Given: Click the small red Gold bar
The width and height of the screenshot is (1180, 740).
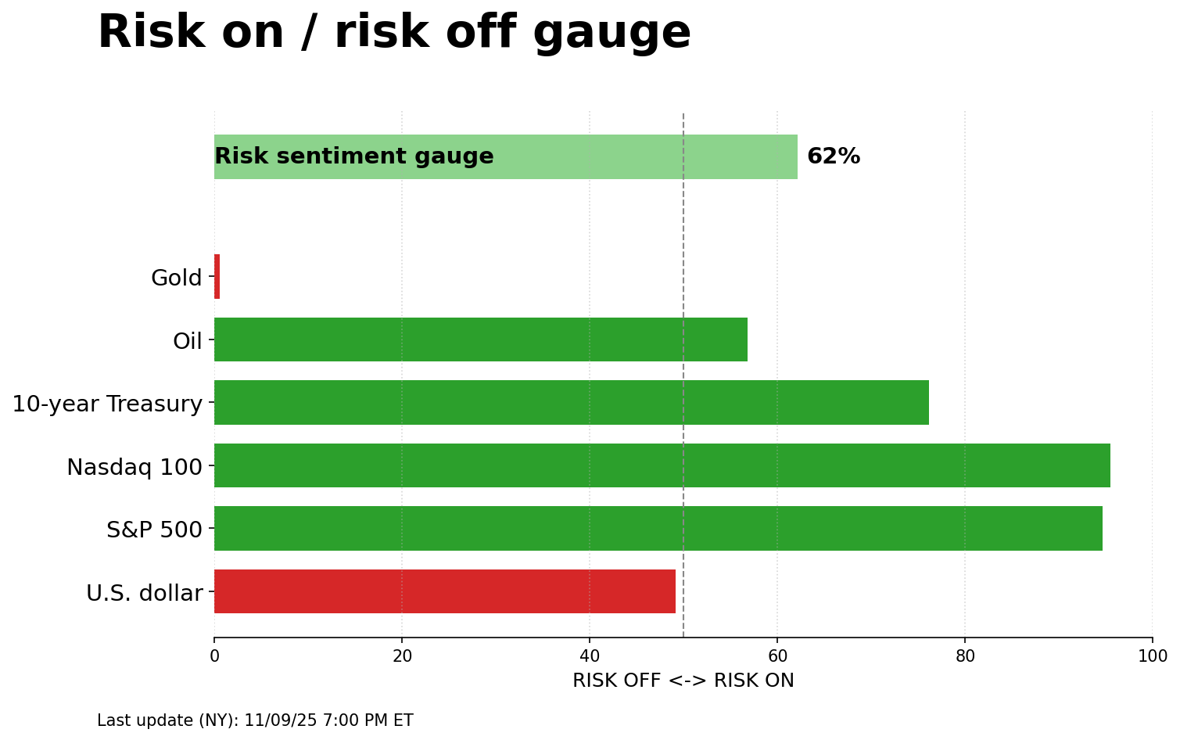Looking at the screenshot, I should coord(217,277).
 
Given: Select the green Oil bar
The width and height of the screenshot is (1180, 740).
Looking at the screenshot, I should coord(480,339).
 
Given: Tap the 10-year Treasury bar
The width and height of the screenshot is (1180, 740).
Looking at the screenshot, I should coord(571,403).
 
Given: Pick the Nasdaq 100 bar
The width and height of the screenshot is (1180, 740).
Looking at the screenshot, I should coord(662,465).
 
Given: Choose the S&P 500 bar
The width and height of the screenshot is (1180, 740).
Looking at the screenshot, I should coord(658,529).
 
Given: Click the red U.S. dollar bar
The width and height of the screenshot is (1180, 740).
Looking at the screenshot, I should coord(444,591).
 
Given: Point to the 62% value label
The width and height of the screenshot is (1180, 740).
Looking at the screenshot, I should coord(833,156).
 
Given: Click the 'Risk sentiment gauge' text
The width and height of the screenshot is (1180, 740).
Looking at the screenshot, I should coord(354,156).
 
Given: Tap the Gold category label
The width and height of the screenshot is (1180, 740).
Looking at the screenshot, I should coord(177,278).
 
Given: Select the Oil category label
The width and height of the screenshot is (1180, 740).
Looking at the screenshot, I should coord(188,341).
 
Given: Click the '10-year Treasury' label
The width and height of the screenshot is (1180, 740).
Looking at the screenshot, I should coord(107,404).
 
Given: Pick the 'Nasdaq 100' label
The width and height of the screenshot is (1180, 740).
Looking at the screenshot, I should coord(134,467).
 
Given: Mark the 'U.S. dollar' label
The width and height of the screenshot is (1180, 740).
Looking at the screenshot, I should coord(145,593).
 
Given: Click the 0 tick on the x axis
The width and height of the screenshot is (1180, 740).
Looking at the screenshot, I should coord(214,656).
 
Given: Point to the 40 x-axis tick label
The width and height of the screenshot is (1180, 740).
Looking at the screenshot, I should coord(590,656).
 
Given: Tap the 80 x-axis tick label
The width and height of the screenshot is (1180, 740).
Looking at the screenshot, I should coord(965,656).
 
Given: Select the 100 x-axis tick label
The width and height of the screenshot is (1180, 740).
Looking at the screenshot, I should coord(1152,656).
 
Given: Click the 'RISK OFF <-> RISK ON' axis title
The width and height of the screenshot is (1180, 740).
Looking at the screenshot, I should coord(683,681).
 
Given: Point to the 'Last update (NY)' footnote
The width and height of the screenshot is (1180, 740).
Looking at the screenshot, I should coord(255,720).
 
